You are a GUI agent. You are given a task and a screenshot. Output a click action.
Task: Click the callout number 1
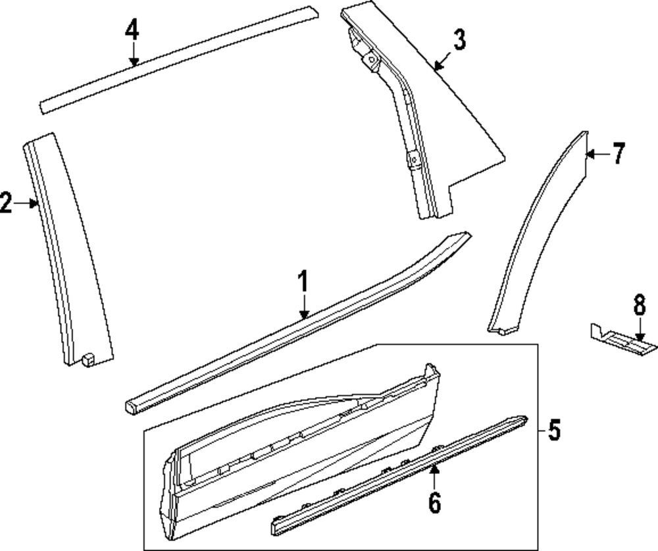coord(303,284)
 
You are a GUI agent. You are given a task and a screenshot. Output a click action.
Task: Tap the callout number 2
coord(6,203)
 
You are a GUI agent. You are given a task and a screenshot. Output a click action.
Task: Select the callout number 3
coord(459,40)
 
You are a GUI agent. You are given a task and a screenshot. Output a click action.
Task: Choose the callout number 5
coord(555,431)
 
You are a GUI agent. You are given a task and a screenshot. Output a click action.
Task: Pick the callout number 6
coord(434,502)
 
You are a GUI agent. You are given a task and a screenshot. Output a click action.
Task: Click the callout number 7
coord(617,155)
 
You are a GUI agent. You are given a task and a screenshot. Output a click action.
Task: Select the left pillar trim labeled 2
coord(66,250)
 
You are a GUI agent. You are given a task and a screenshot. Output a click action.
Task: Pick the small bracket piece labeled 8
coord(619,338)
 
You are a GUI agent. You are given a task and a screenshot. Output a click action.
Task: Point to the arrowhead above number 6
coord(434,468)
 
